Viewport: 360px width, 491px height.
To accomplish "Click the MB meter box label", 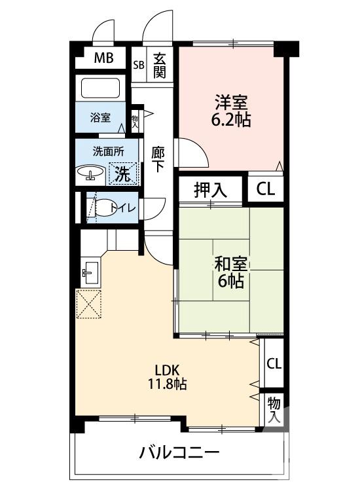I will pos(103,58).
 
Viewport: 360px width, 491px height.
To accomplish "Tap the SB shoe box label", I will pos(139,65).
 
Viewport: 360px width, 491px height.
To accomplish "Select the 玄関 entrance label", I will pos(159,65).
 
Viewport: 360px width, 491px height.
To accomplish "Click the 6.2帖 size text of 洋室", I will pos(230,120).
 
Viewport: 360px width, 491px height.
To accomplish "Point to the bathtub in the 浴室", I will pos(99,89).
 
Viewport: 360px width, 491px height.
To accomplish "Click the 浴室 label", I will pos(100,118).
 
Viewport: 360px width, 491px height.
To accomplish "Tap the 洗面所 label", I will pos(107,151).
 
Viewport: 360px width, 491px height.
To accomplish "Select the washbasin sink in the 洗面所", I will pos(90,173).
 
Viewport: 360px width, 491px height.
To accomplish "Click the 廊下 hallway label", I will pos(158,159).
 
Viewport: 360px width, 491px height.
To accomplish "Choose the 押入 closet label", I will pos(210,190).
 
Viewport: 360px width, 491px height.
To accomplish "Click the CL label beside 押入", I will pos(266,190).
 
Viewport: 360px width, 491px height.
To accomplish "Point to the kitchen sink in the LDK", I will pos(90,270).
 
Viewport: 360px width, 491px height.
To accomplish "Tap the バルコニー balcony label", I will pos(178,453).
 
